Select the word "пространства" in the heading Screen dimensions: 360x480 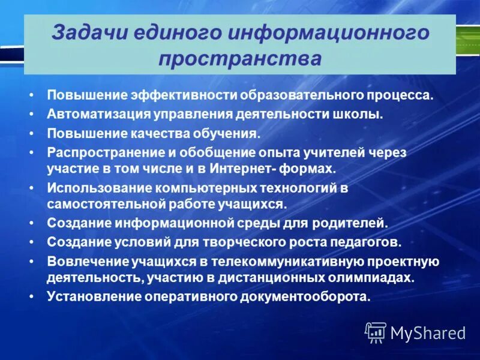240,59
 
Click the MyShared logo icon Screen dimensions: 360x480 376,332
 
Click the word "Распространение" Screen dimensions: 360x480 99,152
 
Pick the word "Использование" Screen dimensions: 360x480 97,188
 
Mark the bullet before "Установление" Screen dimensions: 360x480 31,297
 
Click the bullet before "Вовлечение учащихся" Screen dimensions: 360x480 31,262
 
